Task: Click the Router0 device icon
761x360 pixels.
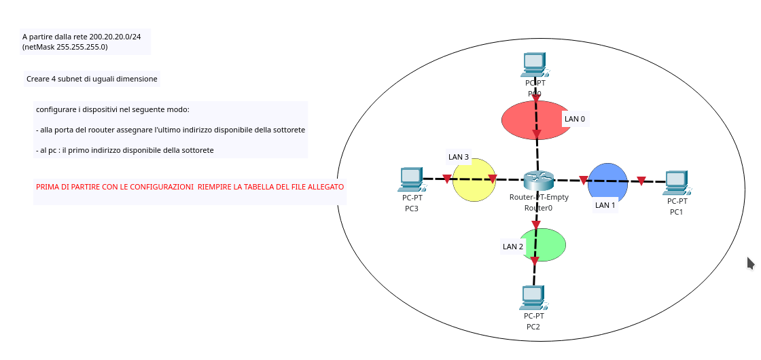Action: point(538,181)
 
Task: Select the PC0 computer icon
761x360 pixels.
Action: point(534,65)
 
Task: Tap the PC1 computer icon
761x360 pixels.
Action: point(676,182)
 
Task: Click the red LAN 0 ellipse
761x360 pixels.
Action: point(523,121)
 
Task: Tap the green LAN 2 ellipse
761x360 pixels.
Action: point(552,243)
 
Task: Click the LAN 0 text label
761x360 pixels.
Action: point(575,119)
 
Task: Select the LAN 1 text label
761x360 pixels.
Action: point(605,204)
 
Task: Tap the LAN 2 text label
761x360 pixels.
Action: point(513,247)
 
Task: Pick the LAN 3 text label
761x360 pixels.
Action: point(459,157)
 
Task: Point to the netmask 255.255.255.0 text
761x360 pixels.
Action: point(76,47)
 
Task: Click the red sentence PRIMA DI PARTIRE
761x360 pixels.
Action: point(190,186)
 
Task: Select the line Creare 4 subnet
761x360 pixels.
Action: point(92,79)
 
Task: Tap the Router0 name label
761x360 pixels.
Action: point(538,208)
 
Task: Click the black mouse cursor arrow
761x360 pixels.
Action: point(750,263)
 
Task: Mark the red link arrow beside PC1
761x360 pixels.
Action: point(641,181)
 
